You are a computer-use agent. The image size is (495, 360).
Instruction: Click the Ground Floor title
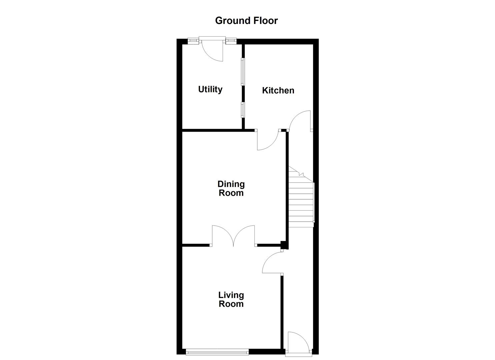[x=246, y=21]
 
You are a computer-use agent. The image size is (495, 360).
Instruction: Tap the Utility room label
[x=210, y=89]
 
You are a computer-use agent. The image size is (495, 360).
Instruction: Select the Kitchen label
[x=278, y=90]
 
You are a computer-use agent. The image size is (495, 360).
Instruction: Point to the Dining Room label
[x=231, y=188]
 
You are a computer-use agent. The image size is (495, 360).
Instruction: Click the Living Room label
[x=231, y=299]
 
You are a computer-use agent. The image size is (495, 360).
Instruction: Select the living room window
[x=217, y=351]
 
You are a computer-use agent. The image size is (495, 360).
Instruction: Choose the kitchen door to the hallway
[x=300, y=121]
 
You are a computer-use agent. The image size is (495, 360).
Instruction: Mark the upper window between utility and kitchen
[x=243, y=72]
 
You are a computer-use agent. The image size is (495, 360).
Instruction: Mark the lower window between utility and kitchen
[x=243, y=110]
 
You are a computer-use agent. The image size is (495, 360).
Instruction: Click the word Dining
[x=231, y=184]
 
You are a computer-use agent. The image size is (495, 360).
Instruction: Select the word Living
[x=231, y=295]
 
